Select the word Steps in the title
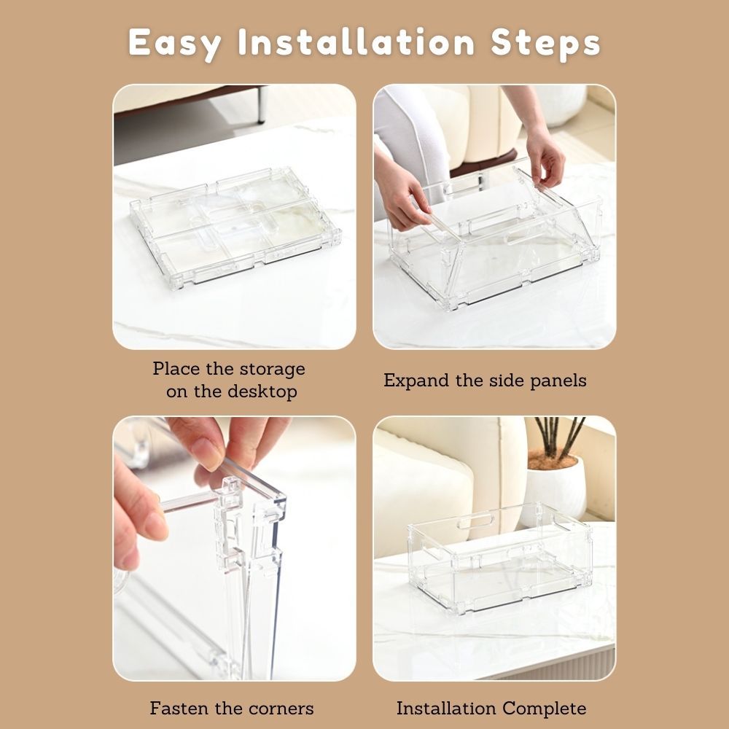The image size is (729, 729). pos(545,44)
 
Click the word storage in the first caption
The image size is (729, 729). pos(272,370)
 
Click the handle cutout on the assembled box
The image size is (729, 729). pos(475,520)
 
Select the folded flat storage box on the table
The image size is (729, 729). pos(235,227)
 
